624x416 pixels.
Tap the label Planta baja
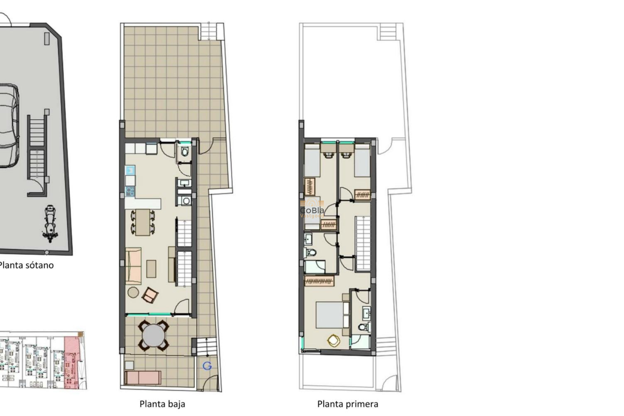point(162,404)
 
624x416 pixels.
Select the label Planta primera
point(347,404)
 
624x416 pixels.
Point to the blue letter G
point(207,366)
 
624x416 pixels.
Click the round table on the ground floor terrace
point(153,336)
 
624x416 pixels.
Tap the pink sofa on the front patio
point(143,377)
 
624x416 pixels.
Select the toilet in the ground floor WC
point(185,152)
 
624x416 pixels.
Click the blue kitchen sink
point(130,170)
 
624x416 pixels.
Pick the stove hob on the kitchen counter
point(130,191)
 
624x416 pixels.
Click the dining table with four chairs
point(143,222)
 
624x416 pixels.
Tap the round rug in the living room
point(133,292)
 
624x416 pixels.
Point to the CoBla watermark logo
point(312,208)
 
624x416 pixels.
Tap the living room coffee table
point(151,269)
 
